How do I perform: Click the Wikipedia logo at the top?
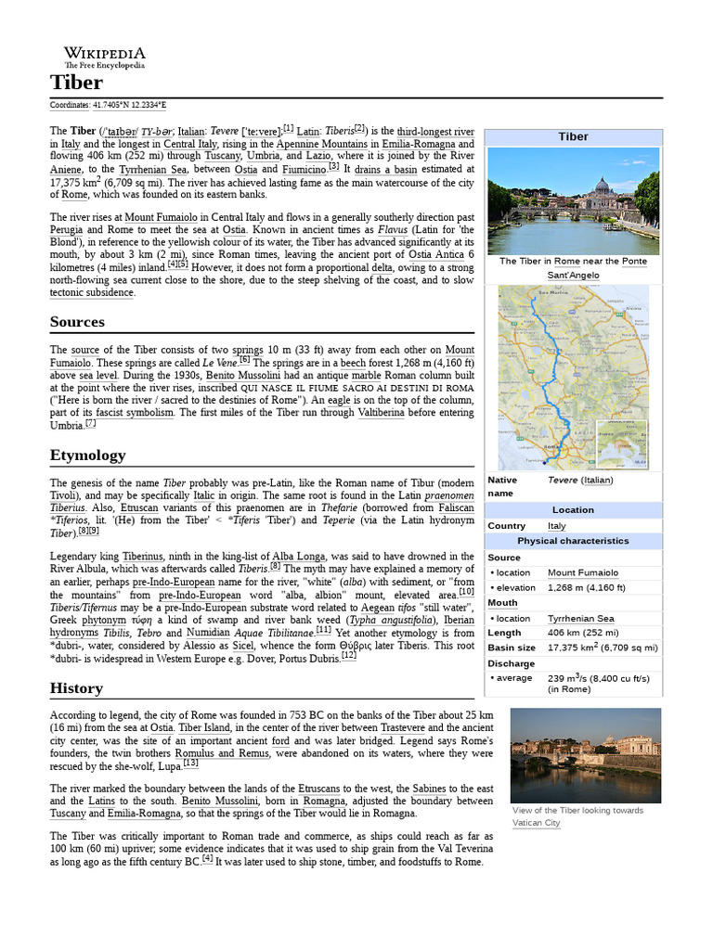click(104, 57)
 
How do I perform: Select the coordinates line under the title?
click(108, 105)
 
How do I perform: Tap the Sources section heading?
click(77, 322)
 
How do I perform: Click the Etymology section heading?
click(87, 456)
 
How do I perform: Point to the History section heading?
click(76, 688)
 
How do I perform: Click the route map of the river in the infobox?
click(573, 378)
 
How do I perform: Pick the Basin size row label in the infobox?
click(512, 648)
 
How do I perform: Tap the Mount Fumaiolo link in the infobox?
click(582, 573)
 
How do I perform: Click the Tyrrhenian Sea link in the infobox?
click(580, 618)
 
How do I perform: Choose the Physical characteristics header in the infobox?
click(573, 541)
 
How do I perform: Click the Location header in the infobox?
click(573, 510)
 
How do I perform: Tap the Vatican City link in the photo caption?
click(536, 823)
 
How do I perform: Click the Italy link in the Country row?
click(556, 525)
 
